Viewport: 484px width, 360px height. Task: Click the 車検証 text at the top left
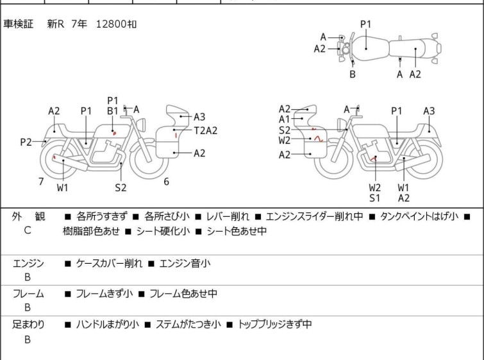tap(20, 24)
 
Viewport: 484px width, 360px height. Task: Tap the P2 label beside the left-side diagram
tap(26, 142)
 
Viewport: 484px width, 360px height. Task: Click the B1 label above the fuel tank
tap(112, 111)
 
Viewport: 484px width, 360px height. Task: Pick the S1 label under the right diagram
tap(374, 198)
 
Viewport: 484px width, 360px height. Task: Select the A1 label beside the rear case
tap(284, 119)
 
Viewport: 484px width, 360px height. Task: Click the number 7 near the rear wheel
tap(41, 182)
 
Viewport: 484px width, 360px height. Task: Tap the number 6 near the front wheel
tap(166, 182)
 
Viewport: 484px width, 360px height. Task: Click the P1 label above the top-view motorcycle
tap(365, 24)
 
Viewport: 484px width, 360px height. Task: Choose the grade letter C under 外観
tap(27, 230)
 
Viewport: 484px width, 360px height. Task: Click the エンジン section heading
tap(28, 263)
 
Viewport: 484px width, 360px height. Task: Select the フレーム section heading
tap(28, 294)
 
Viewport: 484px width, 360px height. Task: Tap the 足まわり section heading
tap(28, 325)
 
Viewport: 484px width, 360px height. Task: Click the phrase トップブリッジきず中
tap(275, 325)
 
